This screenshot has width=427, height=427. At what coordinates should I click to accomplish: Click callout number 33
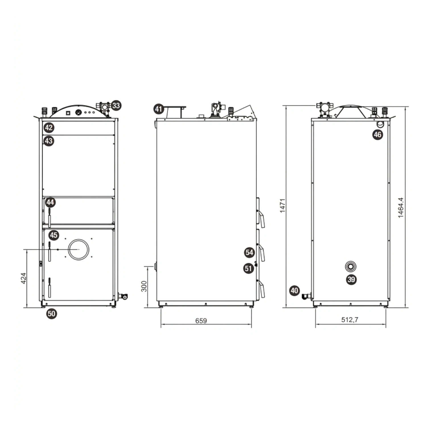click(x=116, y=106)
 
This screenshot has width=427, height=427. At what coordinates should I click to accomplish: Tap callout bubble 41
click(x=159, y=109)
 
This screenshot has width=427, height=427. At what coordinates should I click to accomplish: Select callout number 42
click(x=49, y=128)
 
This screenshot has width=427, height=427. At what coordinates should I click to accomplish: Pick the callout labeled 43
click(x=49, y=141)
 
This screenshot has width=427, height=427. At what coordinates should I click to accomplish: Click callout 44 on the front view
click(x=50, y=202)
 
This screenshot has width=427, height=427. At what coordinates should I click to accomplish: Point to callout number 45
click(x=54, y=235)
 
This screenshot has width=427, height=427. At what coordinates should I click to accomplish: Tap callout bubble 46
click(x=377, y=134)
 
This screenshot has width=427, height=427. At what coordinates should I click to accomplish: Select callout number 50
click(x=52, y=314)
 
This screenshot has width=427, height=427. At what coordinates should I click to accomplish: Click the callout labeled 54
click(x=249, y=252)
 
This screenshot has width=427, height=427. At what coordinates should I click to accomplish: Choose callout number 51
click(x=249, y=268)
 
